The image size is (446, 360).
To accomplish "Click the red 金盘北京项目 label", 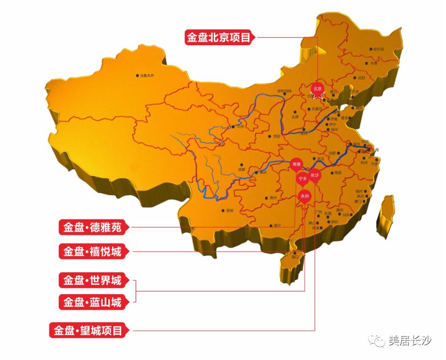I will coord(219,37).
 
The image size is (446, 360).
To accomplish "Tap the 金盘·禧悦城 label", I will coord(92,251).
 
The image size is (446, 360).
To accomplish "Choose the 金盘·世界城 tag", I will coord(92,281).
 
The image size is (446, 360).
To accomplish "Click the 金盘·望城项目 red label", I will coord(88,330).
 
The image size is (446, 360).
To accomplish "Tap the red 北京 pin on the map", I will coord(317,89).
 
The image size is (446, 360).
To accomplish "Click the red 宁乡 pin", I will coord(303,179).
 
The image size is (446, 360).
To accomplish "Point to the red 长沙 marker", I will coord(315,175).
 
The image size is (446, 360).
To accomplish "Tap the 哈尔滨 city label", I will coord(378,49).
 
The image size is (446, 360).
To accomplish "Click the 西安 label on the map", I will coord(276,136).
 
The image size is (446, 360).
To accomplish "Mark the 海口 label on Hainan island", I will coord(295,257).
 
